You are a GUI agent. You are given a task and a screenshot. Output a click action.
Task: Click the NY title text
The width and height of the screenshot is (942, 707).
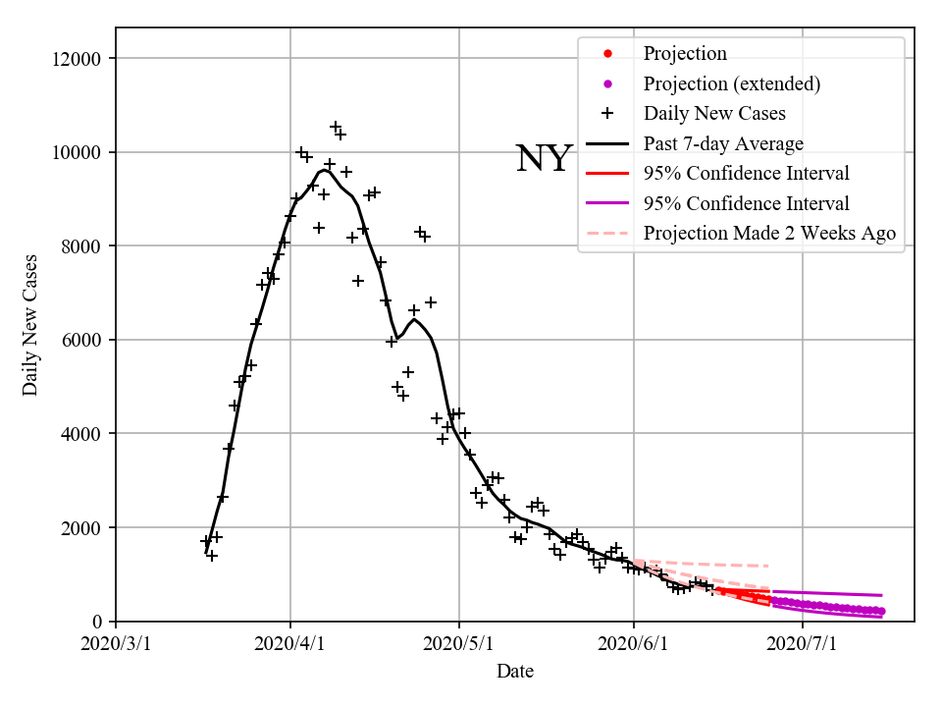coord(543,159)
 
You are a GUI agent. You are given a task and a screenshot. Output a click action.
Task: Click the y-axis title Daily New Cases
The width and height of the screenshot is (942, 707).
coord(30,325)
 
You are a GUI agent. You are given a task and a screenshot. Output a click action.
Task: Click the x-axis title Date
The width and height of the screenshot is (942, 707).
coord(515,672)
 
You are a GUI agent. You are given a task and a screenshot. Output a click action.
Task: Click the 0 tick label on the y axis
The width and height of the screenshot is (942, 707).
coord(98,622)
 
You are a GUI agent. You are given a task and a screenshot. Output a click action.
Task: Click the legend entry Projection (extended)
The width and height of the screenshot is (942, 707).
coord(731,83)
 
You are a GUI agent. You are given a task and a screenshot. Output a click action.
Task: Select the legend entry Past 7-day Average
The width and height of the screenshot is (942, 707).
coord(723,144)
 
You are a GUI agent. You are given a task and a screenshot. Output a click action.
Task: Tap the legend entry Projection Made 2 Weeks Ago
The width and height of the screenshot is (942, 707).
coord(769,234)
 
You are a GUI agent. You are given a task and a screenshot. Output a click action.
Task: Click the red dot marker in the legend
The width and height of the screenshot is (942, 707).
coord(607,54)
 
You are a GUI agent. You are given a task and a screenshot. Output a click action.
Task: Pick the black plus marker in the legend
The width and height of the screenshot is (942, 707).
coord(607,114)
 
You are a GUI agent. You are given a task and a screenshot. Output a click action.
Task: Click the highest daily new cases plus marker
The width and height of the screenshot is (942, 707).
coord(336,128)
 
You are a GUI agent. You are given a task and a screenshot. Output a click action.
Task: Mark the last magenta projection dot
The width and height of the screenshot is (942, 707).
coord(881,611)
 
